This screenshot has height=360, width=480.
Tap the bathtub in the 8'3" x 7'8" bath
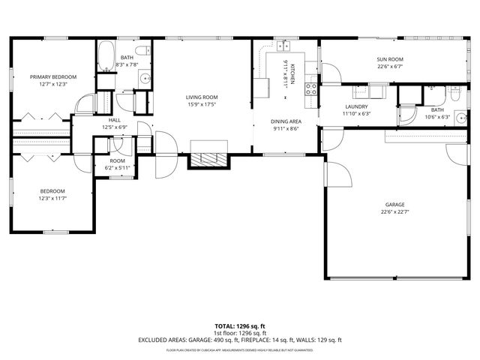tap(105, 57)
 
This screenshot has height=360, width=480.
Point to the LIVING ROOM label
tap(202, 97)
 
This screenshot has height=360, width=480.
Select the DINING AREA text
tap(285, 121)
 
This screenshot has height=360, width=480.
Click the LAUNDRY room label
tap(356, 106)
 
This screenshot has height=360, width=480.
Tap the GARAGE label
tap(395, 204)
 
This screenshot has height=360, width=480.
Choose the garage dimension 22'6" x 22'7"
tap(395, 211)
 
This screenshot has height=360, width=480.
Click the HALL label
tap(115, 120)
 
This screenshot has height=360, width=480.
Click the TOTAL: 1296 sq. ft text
tap(240, 326)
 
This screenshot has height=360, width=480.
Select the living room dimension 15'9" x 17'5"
tap(202, 104)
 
